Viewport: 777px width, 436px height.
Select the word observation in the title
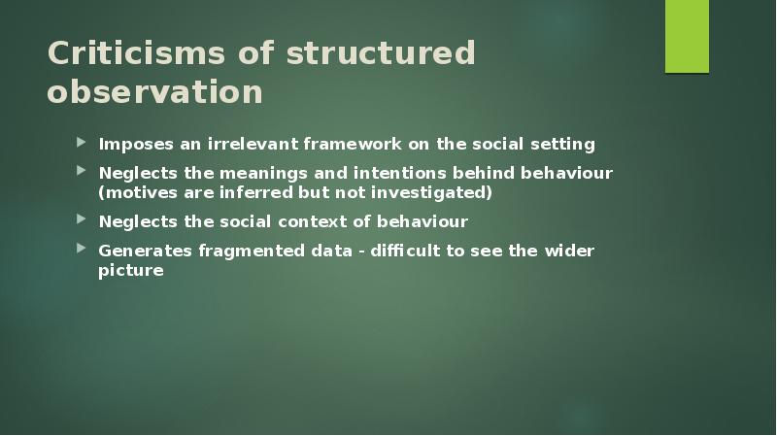[154, 92]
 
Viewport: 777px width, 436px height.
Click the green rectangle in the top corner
[687, 37]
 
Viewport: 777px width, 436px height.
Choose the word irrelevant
[251, 145]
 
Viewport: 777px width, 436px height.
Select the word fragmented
[245, 251]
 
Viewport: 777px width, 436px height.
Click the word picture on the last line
[131, 270]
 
